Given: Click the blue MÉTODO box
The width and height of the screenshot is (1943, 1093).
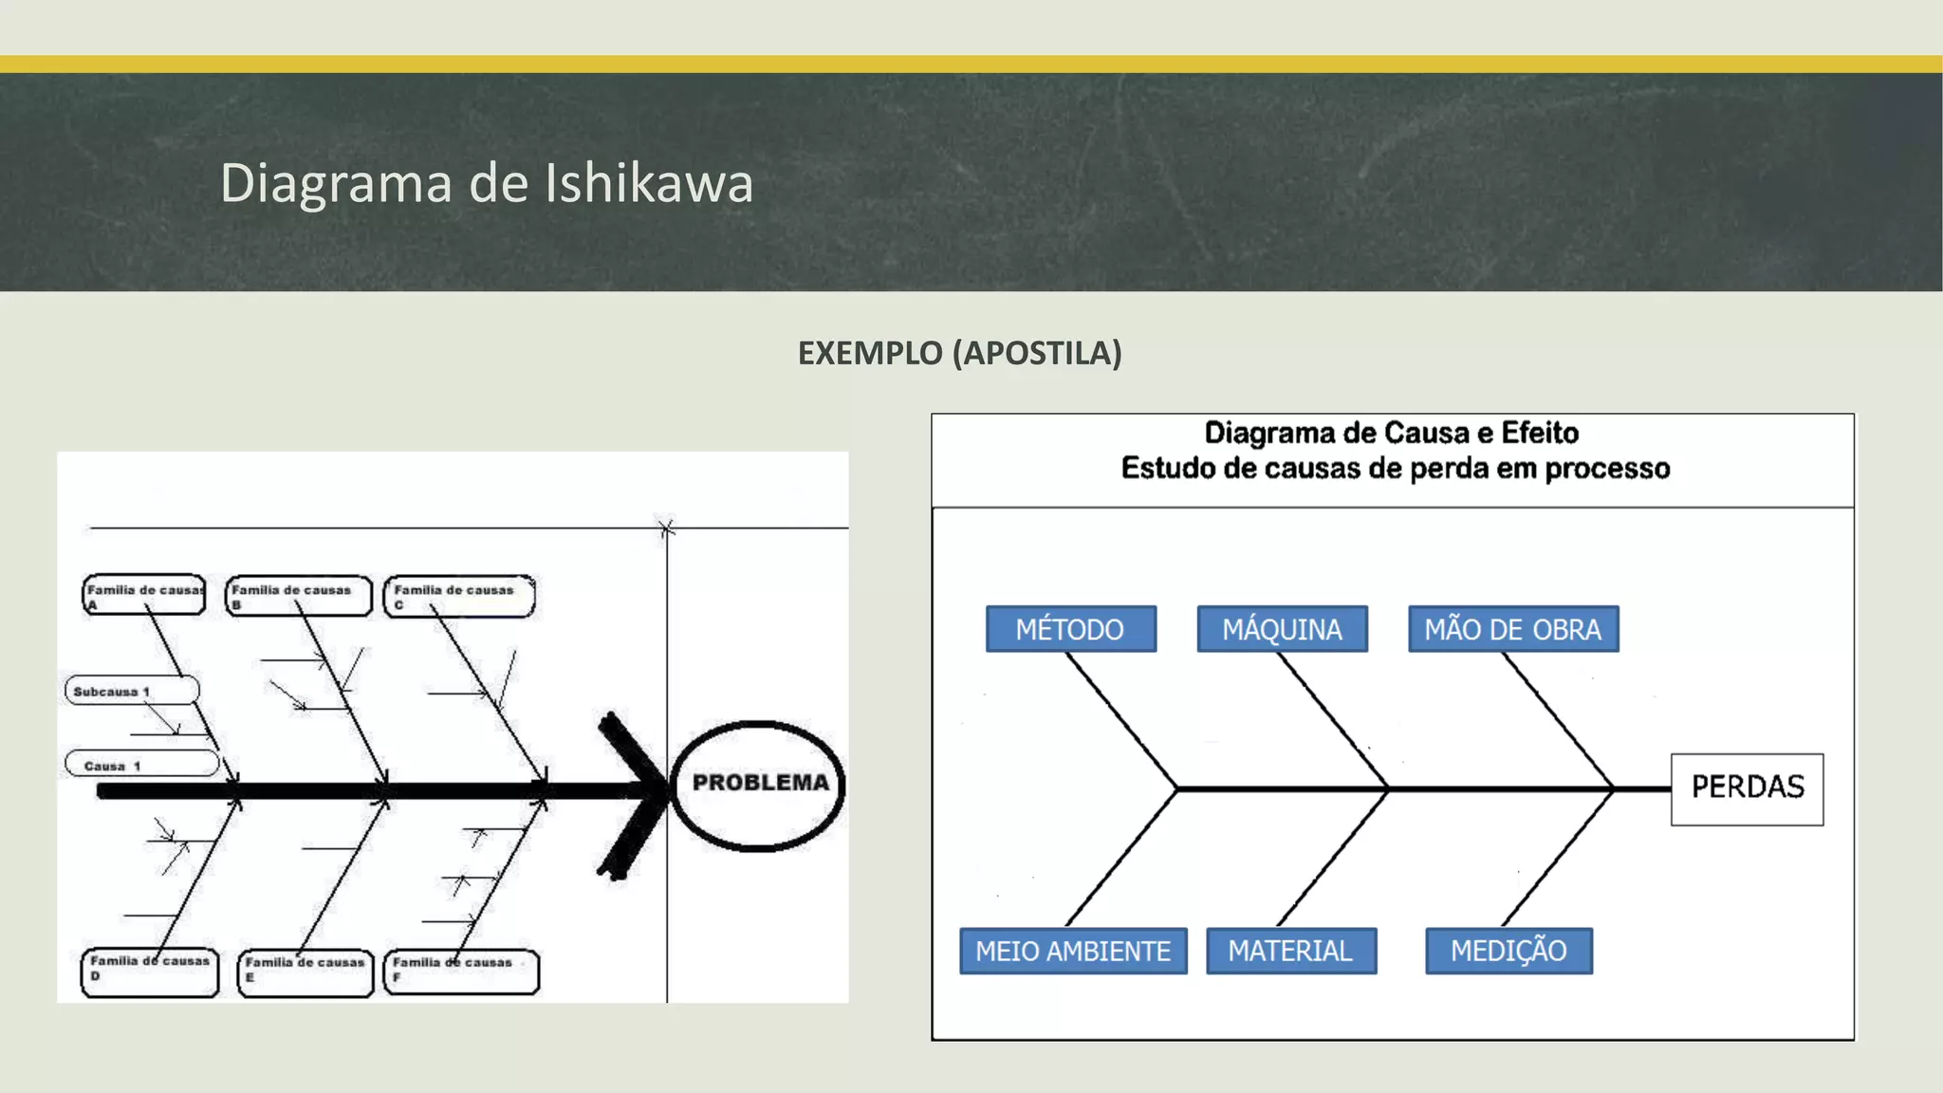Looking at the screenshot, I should (x=1070, y=629).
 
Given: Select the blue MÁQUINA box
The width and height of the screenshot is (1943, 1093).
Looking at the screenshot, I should (x=1282, y=629).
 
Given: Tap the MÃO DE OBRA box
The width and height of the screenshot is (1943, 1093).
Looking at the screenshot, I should (x=1513, y=629).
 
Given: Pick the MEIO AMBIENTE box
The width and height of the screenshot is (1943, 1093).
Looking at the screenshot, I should (x=1073, y=951).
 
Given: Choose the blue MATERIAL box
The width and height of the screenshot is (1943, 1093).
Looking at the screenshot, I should (x=1290, y=951).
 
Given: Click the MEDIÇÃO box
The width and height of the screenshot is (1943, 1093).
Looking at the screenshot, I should (x=1508, y=951).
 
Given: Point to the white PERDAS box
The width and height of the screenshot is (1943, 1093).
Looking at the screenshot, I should (x=1747, y=788).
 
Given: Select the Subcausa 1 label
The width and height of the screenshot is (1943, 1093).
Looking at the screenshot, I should (x=131, y=691).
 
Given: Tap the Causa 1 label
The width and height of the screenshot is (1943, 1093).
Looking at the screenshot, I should (x=140, y=765).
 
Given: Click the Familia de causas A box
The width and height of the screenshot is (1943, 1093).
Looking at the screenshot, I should (x=144, y=596).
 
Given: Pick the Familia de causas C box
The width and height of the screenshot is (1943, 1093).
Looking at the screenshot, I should (x=458, y=597).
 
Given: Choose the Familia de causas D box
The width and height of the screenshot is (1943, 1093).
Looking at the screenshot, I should (x=150, y=971).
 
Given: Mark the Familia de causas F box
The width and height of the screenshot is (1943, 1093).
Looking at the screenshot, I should (x=460, y=972).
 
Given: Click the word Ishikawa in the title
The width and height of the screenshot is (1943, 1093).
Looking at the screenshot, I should (x=649, y=183).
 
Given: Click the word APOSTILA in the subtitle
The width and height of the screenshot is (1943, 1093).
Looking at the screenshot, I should (x=1036, y=353).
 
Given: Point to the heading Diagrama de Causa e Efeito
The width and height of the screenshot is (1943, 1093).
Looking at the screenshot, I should (x=1391, y=434).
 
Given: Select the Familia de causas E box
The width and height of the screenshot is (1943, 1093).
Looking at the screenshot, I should (x=305, y=972).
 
